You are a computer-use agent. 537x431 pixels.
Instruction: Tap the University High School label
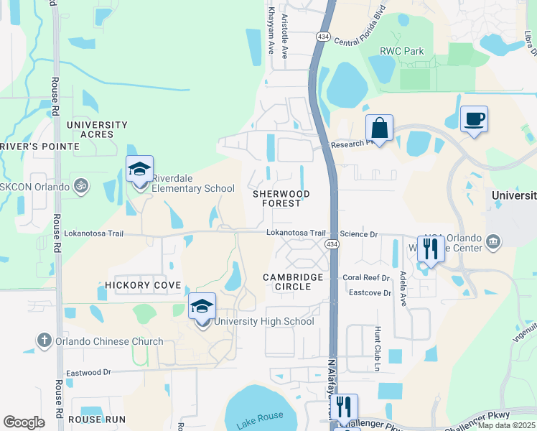click(x=263, y=321)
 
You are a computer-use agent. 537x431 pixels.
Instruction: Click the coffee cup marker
click(x=474, y=119)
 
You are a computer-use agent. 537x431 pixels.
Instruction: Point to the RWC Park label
click(x=402, y=51)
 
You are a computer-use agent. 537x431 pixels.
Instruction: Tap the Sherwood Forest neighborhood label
click(x=281, y=198)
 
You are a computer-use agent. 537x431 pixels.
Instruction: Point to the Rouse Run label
click(x=98, y=419)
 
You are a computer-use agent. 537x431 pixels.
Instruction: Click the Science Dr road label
click(x=358, y=234)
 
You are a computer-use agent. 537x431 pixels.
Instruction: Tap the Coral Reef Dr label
click(x=365, y=277)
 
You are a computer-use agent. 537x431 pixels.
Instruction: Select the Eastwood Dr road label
click(x=88, y=373)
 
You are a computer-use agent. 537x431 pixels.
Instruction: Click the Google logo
click(x=24, y=423)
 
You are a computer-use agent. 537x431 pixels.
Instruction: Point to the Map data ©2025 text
click(x=506, y=425)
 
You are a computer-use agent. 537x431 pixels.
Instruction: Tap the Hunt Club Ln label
click(x=376, y=348)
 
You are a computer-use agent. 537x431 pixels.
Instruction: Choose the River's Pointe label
click(x=40, y=147)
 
